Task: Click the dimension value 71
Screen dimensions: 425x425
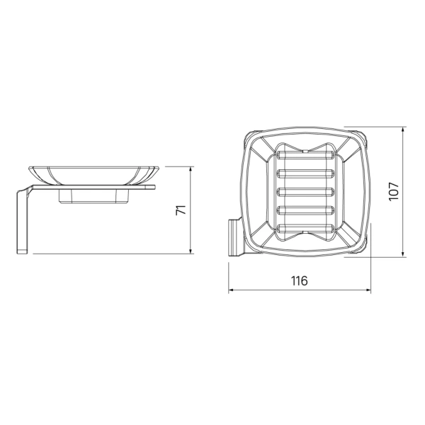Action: (x=181, y=210)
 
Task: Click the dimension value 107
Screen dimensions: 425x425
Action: (x=394, y=191)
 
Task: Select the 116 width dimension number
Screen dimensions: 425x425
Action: (x=300, y=280)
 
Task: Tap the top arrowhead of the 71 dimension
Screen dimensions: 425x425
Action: (x=191, y=169)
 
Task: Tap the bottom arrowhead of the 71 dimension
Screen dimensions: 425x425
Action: (x=191, y=251)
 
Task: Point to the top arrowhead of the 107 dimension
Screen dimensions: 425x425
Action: (x=403, y=130)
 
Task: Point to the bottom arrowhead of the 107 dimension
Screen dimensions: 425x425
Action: (x=403, y=254)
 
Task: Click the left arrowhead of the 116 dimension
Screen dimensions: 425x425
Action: (x=231, y=290)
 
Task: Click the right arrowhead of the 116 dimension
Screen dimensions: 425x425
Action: (x=368, y=290)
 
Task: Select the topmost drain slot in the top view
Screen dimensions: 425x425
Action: (x=305, y=155)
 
